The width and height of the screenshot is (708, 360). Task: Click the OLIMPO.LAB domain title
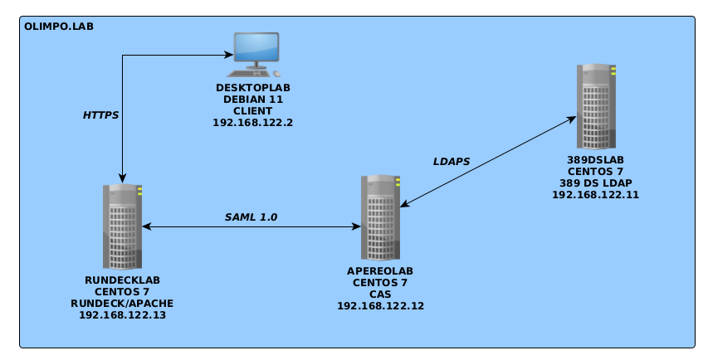(x=58, y=26)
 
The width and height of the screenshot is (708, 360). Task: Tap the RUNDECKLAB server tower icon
(x=123, y=226)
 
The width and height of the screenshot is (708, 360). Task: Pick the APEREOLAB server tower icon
(x=380, y=218)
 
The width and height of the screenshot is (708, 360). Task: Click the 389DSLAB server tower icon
(x=596, y=105)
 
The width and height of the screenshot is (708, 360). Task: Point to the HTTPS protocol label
(x=100, y=115)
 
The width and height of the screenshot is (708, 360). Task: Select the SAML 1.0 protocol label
(x=251, y=216)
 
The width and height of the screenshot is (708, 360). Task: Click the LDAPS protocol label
(x=452, y=161)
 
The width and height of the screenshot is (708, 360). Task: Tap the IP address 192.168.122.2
(x=253, y=122)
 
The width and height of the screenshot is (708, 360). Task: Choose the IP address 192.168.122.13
(x=122, y=315)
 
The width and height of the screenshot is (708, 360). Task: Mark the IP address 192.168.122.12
(x=380, y=306)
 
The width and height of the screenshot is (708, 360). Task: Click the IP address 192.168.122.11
(x=595, y=194)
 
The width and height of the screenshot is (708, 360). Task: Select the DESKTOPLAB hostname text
(x=253, y=87)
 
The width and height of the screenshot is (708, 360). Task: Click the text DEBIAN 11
(x=253, y=99)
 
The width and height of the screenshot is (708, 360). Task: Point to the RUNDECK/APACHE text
(x=122, y=304)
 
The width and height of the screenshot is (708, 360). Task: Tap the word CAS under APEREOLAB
(x=380, y=294)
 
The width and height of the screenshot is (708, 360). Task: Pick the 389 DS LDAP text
(x=595, y=182)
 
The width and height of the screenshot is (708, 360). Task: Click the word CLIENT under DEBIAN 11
(x=253, y=110)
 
